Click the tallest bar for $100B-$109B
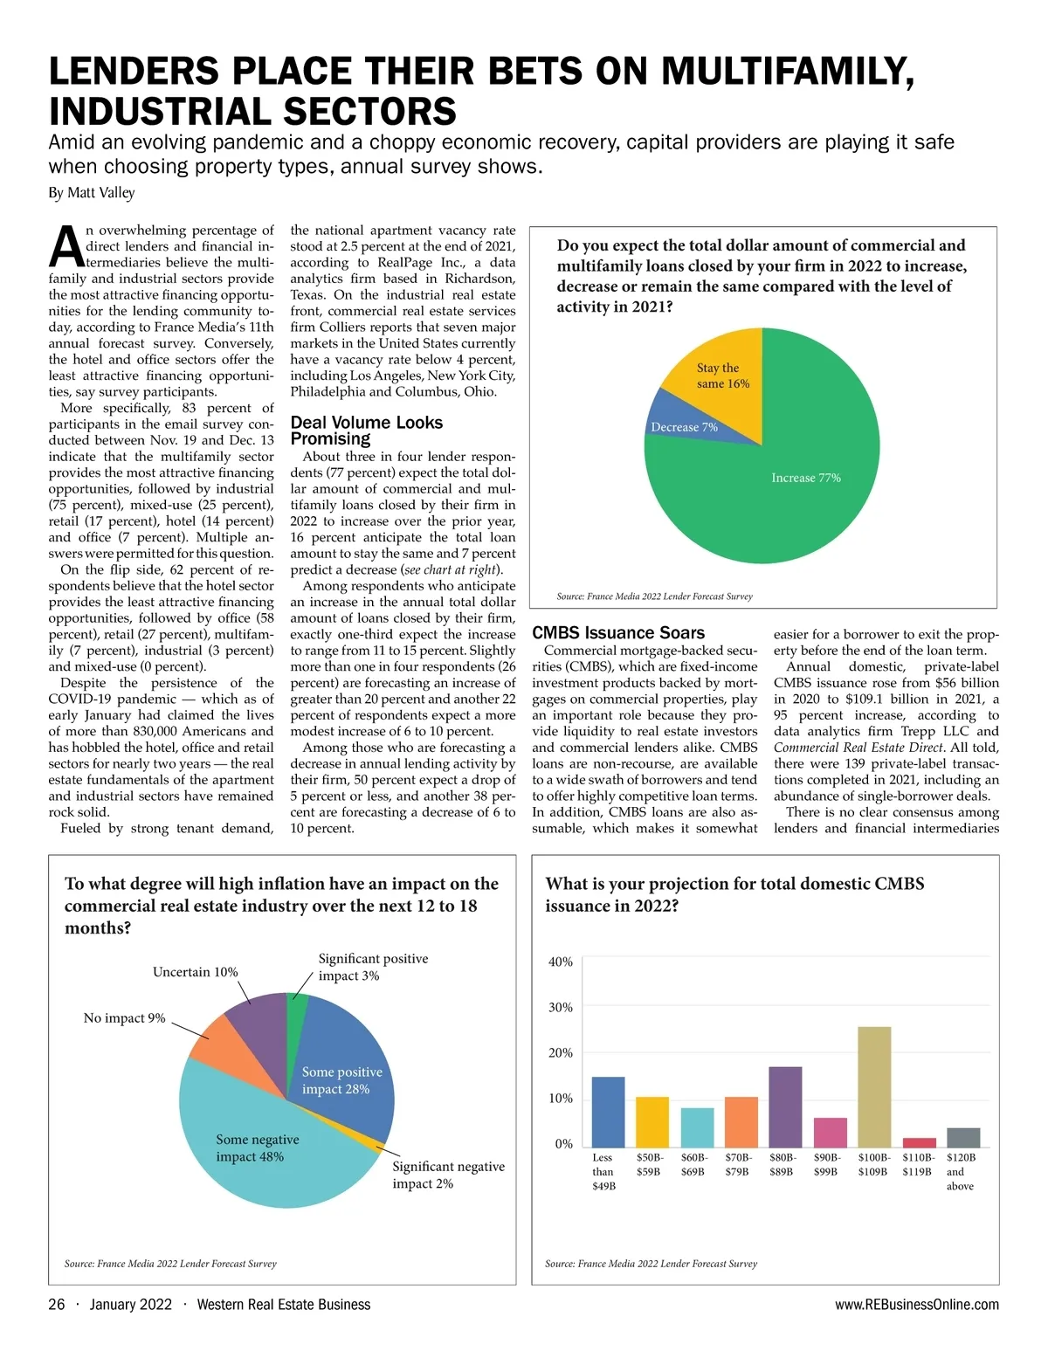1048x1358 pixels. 874,1086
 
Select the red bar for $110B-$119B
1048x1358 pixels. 919,1142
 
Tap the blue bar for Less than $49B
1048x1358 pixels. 608,1112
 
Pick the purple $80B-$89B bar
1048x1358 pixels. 785,1106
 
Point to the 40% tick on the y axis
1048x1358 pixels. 561,962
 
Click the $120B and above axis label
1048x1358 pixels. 961,1171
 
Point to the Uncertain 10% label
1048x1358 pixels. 195,972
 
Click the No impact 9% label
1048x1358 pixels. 124,1018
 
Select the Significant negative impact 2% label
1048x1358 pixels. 448,1175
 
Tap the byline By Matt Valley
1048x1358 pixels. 92,192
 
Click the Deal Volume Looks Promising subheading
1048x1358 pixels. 367,431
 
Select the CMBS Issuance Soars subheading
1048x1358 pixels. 618,633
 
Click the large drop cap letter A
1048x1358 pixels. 66,246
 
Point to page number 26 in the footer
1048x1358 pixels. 57,1305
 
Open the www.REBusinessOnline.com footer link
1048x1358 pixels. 917,1305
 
